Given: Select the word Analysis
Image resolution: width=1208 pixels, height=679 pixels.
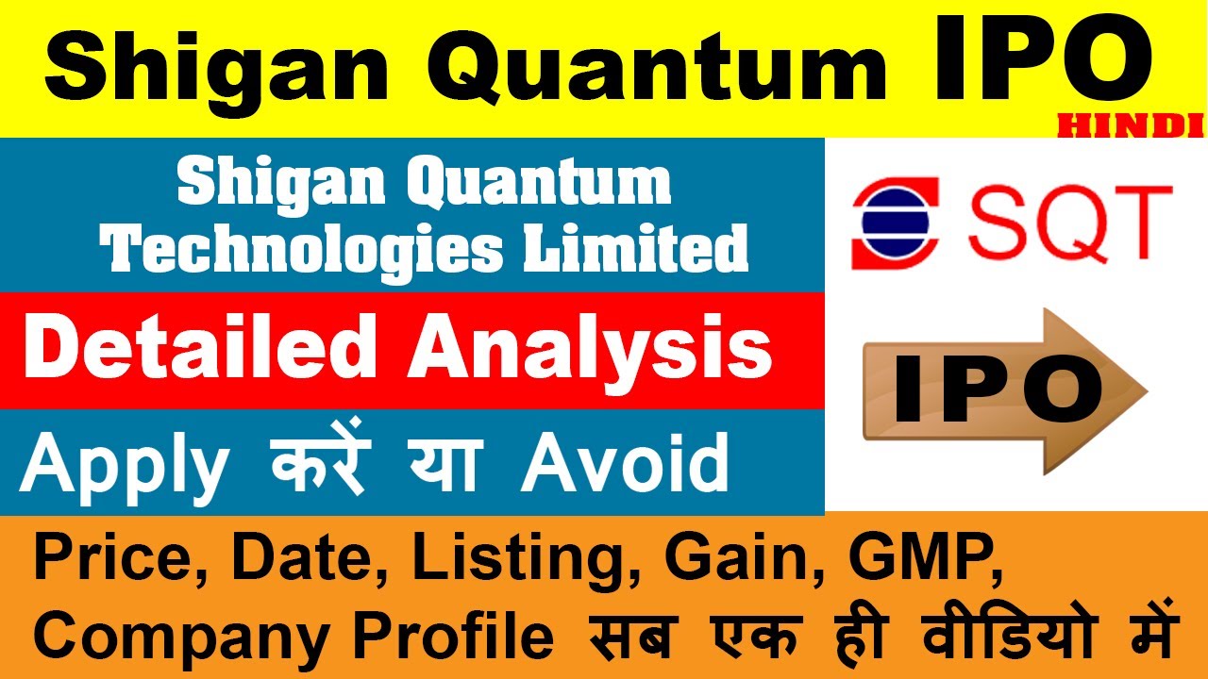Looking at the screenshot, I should [589, 349].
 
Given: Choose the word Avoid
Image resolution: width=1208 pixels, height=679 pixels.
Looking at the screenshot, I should [625, 464].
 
